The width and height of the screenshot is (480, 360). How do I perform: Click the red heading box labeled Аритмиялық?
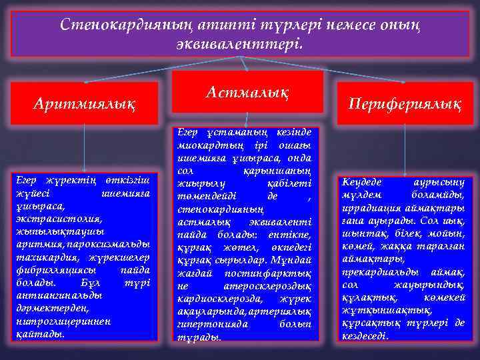click(x=84, y=103)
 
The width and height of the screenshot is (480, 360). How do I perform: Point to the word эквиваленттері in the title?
click(x=240, y=45)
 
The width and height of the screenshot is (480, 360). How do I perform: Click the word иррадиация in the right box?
click(x=371, y=206)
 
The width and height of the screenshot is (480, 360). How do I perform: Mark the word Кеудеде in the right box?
click(x=363, y=181)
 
